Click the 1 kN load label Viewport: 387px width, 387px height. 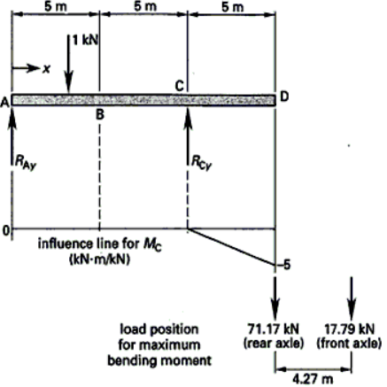point(85,41)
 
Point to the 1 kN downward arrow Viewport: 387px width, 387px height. point(68,64)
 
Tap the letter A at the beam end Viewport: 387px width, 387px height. point(4,103)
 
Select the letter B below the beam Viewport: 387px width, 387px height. point(100,114)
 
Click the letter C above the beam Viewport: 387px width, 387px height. point(179,86)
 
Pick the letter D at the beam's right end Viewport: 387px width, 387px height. point(284,97)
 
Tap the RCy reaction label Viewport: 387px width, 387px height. point(202,162)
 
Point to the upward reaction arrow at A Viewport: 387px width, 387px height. point(12,135)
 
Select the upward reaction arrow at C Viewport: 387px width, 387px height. point(188,135)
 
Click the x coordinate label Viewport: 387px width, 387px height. point(46,69)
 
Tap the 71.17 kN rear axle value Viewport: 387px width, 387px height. point(274,329)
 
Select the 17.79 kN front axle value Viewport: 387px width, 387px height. point(350,329)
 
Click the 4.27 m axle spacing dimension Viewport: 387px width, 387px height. point(313,379)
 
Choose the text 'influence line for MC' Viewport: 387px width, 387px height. point(100,245)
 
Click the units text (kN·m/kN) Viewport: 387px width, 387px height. point(99,259)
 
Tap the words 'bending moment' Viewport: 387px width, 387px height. point(159,360)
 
